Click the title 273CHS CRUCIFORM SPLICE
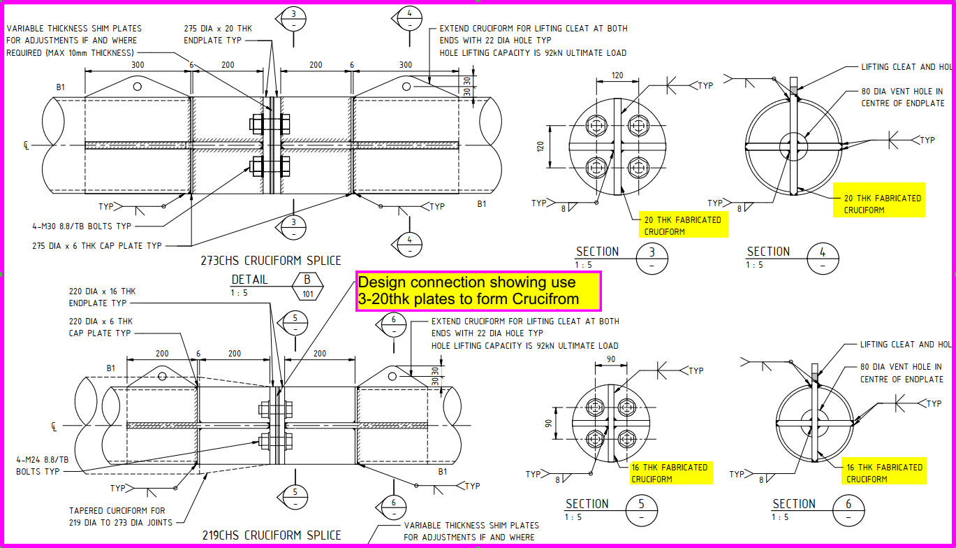point(271,261)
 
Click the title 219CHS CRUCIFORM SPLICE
point(272,535)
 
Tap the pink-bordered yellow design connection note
point(478,291)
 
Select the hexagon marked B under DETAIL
point(307,285)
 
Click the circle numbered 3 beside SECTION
point(652,258)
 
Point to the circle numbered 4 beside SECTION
point(823,258)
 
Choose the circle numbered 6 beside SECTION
point(848,510)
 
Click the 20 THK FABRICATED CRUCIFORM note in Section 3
point(682,225)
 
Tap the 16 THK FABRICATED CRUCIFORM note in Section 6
point(884,473)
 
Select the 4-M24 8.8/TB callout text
point(43,466)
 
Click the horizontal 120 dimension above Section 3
point(617,75)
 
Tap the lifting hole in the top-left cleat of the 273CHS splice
point(138,86)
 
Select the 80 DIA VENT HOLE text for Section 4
point(901,97)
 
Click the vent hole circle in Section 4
point(792,147)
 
